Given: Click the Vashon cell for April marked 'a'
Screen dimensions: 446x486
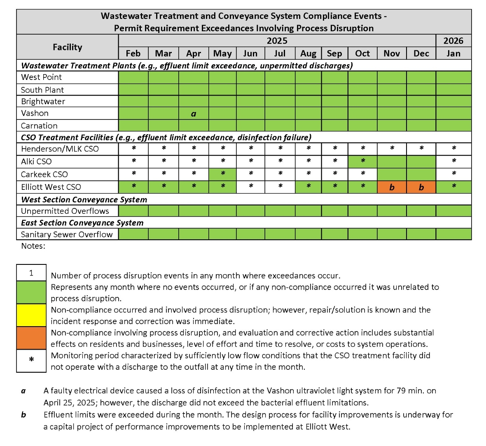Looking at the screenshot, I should (x=194, y=114).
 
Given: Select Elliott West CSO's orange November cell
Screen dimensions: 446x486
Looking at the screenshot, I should (x=392, y=187).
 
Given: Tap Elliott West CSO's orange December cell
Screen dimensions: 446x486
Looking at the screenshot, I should (x=421, y=187).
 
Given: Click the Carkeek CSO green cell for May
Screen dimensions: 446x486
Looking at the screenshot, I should (x=222, y=174).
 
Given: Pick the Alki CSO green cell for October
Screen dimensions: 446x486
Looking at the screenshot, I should (x=362, y=161).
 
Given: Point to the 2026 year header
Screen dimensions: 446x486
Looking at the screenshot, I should (x=453, y=41).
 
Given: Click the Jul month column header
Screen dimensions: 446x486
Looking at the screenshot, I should (x=280, y=54).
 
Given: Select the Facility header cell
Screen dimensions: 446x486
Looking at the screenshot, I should (x=68, y=47).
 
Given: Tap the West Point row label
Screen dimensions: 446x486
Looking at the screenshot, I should (x=42, y=77).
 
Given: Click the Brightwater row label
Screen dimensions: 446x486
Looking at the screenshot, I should (x=43, y=101).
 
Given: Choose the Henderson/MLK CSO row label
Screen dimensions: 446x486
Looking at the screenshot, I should (x=60, y=149).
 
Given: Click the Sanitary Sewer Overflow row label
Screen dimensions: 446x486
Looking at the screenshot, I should (x=67, y=234).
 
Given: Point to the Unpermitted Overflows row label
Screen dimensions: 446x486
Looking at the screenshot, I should (x=65, y=211).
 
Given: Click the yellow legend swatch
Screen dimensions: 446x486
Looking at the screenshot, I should (x=31, y=315).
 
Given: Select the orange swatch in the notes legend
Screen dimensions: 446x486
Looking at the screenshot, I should (x=31, y=338).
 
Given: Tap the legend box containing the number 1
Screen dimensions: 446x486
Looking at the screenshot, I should (x=31, y=273).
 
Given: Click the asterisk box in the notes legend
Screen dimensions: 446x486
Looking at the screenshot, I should (x=31, y=360).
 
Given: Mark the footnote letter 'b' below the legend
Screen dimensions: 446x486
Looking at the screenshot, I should (x=23, y=415).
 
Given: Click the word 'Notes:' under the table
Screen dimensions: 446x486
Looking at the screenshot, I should (x=33, y=246).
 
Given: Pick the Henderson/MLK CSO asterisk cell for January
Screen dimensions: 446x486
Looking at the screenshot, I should (x=453, y=148).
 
